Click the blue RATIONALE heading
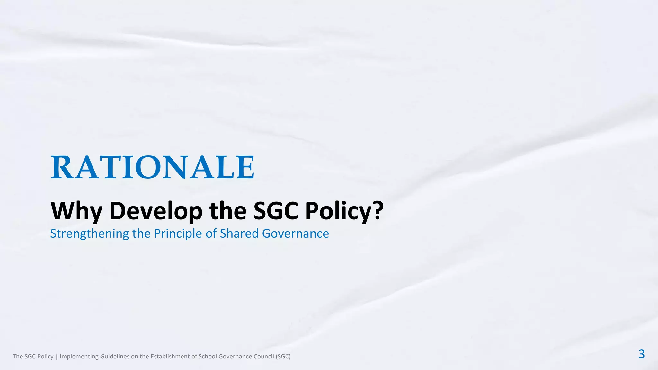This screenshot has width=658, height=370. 153,167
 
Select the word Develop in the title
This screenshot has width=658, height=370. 156,211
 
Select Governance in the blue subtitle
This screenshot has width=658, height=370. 296,233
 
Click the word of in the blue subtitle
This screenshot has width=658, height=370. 211,233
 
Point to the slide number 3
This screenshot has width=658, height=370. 641,354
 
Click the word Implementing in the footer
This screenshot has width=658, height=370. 79,357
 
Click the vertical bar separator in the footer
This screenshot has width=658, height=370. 57,357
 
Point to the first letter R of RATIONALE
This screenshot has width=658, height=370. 63,167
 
